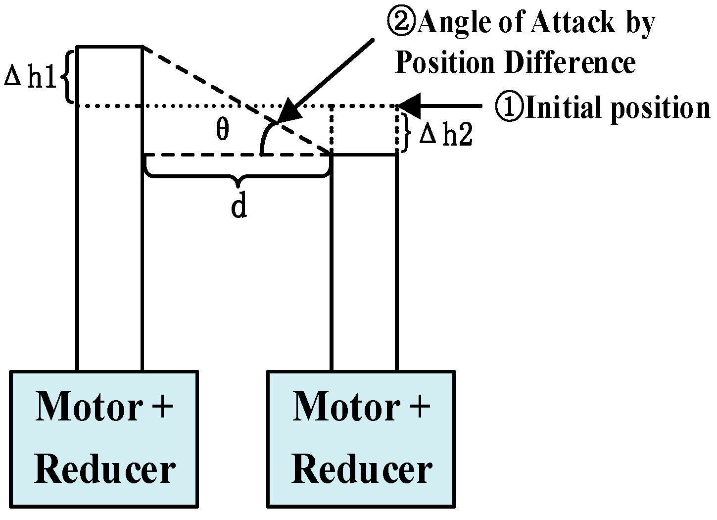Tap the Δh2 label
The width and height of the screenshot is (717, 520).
click(x=445, y=135)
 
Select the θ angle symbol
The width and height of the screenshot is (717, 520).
click(x=223, y=130)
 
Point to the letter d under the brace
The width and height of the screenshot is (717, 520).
click(x=239, y=208)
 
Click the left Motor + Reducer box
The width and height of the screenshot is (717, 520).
click(x=104, y=439)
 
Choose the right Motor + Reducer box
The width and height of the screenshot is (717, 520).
click(x=361, y=439)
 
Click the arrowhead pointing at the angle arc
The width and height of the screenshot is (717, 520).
click(x=289, y=112)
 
